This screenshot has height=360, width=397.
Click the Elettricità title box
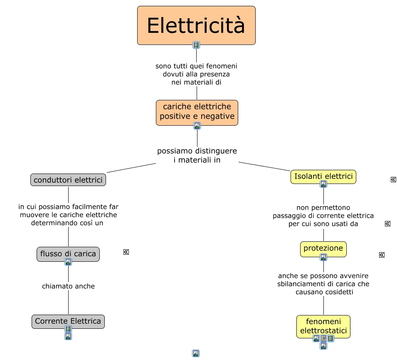click(x=196, y=25)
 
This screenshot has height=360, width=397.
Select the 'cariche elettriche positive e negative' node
click(x=197, y=112)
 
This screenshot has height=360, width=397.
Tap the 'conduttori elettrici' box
click(x=68, y=180)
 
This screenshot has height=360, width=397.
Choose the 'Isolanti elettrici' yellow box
click(x=323, y=176)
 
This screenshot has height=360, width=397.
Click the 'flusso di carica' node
click(x=68, y=253)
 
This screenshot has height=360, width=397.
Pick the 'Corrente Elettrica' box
click(x=68, y=321)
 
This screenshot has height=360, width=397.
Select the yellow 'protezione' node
click(x=323, y=248)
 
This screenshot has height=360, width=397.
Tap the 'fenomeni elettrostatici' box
click(x=323, y=326)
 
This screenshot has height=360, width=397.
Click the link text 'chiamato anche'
click(x=68, y=286)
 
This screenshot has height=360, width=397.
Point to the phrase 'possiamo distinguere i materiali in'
click(x=197, y=155)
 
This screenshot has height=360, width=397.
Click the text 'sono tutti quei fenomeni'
click(x=196, y=66)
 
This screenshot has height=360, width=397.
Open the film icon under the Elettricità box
click(x=196, y=45)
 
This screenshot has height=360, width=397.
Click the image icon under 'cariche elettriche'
click(x=197, y=126)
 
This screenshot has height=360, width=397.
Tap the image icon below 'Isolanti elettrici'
click(x=323, y=184)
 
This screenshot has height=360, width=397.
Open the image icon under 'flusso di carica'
click(x=68, y=262)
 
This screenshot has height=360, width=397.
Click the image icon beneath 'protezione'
click(x=323, y=257)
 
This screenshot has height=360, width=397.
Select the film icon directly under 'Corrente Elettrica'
click(x=68, y=329)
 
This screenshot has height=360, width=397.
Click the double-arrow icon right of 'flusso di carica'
click(x=126, y=252)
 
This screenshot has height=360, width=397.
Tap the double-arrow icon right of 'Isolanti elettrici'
click(x=393, y=180)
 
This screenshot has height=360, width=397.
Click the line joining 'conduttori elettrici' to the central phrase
click(x=131, y=168)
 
